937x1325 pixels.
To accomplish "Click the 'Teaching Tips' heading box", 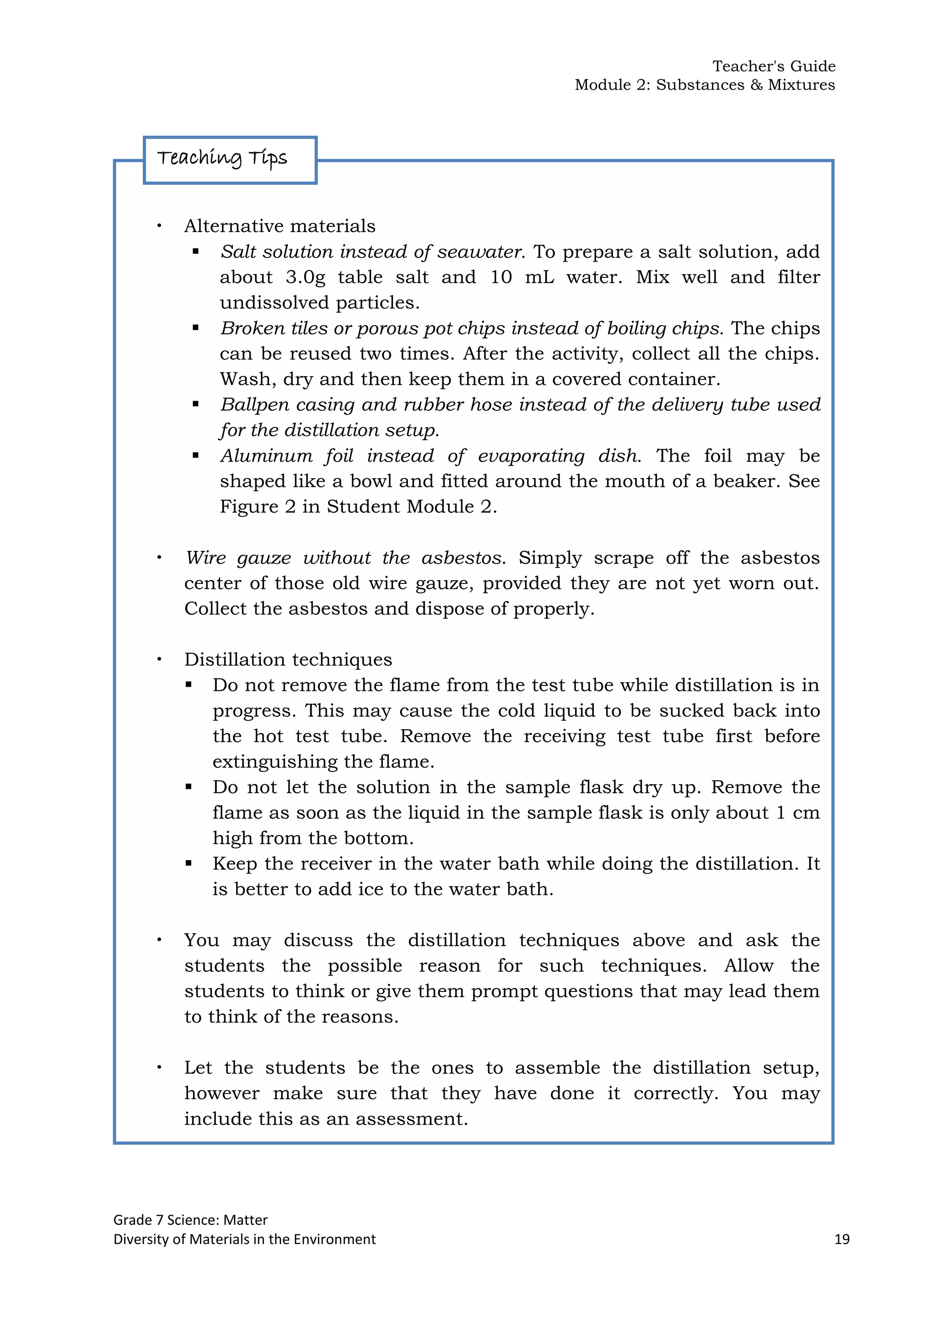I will pos(230,160).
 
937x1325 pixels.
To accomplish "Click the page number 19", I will pos(841,1239).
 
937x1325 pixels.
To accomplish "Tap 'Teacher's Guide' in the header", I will pos(773,66).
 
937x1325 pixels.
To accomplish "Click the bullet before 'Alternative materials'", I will pos(159,226).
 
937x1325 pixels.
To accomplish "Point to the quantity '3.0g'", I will pos(305,278).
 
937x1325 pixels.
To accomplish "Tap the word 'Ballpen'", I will pos(253,405).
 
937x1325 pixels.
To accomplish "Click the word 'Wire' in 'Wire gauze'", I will pos(205,558).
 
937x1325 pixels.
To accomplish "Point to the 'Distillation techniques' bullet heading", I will pos(288,660).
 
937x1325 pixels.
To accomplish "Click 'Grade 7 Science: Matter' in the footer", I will pos(190,1220).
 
